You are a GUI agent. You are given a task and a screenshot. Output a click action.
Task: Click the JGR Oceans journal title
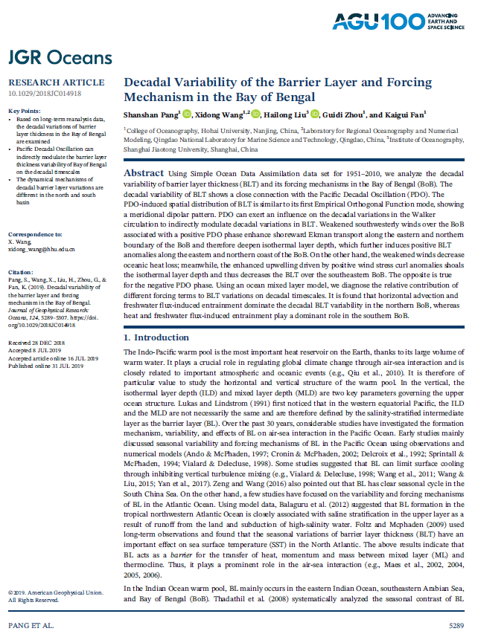[x=60, y=58]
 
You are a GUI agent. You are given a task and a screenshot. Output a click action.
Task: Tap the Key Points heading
[x=25, y=111]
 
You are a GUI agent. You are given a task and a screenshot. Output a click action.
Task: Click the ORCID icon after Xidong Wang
[x=255, y=114]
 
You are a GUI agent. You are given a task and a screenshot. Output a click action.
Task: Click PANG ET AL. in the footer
[x=31, y=625]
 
